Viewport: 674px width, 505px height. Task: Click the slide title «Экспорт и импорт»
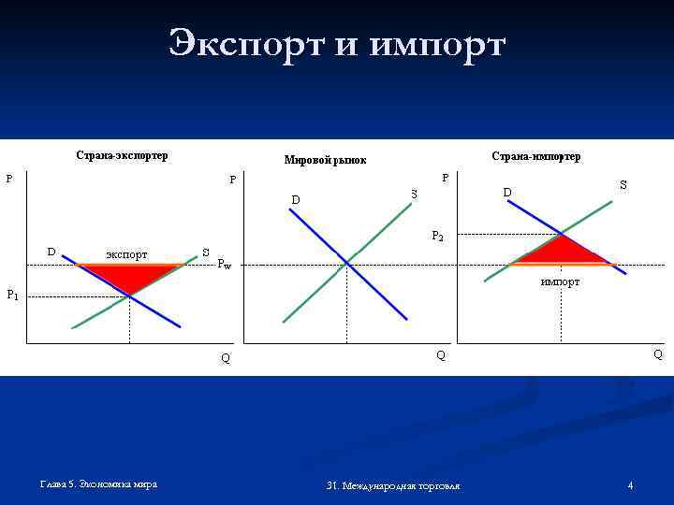point(337,44)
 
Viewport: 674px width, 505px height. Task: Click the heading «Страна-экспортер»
point(122,155)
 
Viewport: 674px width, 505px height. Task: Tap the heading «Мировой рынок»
point(325,161)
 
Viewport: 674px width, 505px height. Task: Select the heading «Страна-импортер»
point(535,156)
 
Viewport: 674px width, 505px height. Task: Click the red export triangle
point(130,276)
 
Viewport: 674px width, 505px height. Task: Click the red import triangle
point(560,252)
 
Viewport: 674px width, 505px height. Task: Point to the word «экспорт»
point(125,253)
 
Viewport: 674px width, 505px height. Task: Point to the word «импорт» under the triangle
point(560,281)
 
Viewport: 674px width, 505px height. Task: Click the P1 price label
point(12,296)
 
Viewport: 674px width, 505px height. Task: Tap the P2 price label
point(437,236)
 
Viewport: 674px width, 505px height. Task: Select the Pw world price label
point(224,265)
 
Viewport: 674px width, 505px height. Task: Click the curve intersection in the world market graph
point(347,263)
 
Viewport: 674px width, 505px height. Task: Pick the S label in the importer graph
point(623,187)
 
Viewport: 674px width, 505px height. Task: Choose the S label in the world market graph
point(414,194)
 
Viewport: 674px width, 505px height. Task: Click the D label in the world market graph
point(296,199)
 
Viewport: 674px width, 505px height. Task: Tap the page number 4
point(630,485)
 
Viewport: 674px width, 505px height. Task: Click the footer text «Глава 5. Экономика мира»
point(98,483)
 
